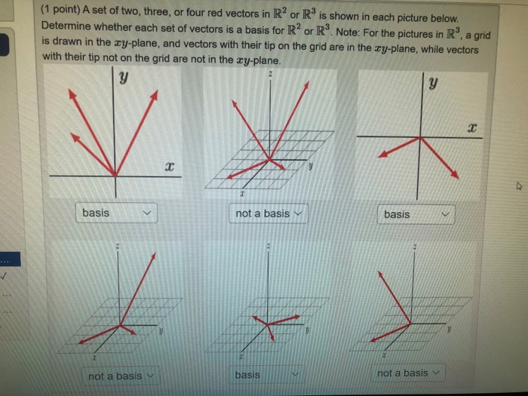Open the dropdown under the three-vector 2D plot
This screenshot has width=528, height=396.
point(116,213)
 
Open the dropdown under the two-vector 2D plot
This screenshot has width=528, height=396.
point(416,214)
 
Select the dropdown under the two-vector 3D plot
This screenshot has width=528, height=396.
point(121,375)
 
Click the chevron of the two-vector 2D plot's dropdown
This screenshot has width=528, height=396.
point(446,215)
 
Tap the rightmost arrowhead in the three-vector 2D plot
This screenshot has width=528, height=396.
point(156,93)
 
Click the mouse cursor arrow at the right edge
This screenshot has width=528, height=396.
point(517,182)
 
